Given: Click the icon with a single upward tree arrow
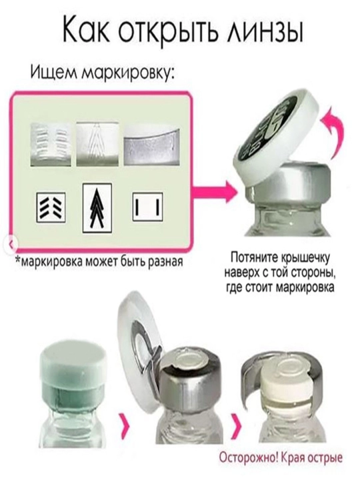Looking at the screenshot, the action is point(97,207).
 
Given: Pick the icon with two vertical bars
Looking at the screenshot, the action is point(147,207).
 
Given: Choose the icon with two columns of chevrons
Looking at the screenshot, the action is point(51,207).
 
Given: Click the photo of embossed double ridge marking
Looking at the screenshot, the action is point(51,145).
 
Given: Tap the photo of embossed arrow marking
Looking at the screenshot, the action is point(97,145).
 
